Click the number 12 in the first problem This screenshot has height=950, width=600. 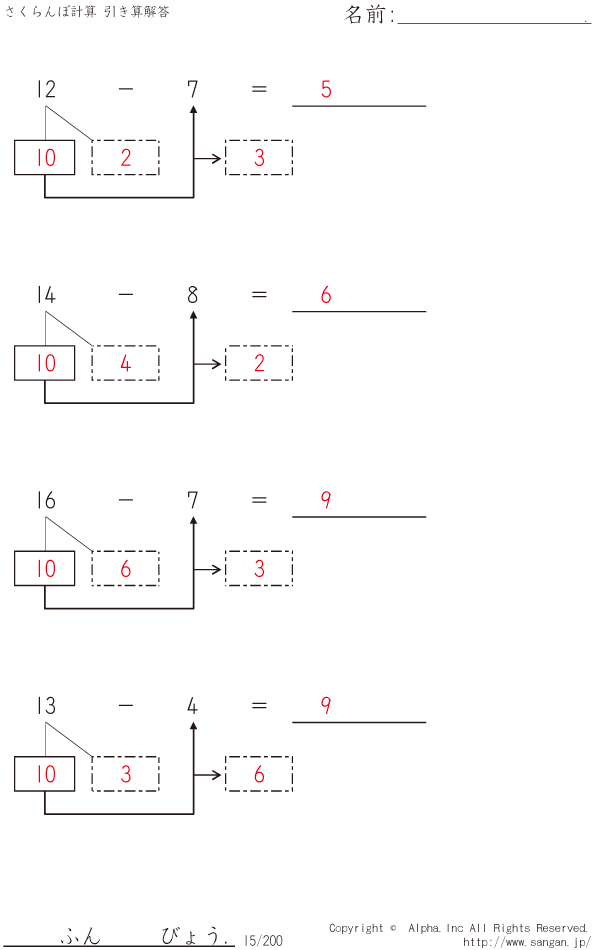coord(46,89)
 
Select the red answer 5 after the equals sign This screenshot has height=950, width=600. coord(326,89)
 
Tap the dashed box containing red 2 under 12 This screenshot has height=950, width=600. coord(125,158)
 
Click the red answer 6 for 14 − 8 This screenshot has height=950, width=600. coord(326,295)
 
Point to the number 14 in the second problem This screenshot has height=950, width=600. coord(46,295)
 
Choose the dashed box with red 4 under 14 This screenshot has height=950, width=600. coord(125,364)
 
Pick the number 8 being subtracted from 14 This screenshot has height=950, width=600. coord(192,295)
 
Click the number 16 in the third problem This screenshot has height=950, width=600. coord(46,500)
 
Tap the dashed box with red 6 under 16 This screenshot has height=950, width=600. coord(125,569)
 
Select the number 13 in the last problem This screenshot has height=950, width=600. coord(46,706)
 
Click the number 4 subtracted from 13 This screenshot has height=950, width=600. coord(192,706)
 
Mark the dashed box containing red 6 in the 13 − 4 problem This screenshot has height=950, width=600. coord(259,774)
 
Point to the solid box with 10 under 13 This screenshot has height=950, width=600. coord(45,774)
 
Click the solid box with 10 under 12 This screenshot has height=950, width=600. coord(45,158)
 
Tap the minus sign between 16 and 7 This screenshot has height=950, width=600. coord(125,500)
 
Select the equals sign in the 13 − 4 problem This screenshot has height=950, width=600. coord(259,706)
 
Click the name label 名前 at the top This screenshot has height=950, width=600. coord(368,15)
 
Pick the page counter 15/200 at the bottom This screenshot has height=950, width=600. coord(263,940)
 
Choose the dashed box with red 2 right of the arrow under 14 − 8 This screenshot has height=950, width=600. coord(259,364)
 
